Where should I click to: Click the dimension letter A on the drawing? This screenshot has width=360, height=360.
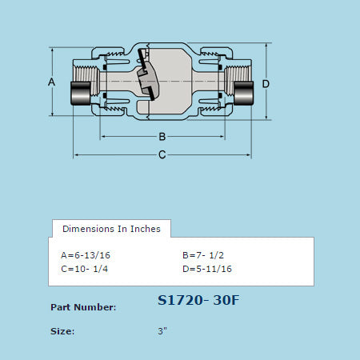click(x=51, y=82)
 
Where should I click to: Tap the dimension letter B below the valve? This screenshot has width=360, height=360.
click(x=162, y=137)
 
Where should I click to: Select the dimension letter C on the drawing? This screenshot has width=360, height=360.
click(x=162, y=154)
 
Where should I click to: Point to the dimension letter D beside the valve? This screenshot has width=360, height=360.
click(x=266, y=84)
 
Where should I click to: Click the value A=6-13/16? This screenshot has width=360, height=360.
click(x=86, y=255)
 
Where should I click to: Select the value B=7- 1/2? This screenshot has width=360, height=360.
click(x=203, y=255)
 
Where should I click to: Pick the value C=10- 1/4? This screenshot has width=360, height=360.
click(x=85, y=269)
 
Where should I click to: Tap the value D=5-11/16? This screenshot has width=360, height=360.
click(x=207, y=269)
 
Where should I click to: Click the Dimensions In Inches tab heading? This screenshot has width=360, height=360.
click(x=111, y=229)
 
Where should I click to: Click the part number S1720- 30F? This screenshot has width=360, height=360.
click(x=198, y=300)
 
